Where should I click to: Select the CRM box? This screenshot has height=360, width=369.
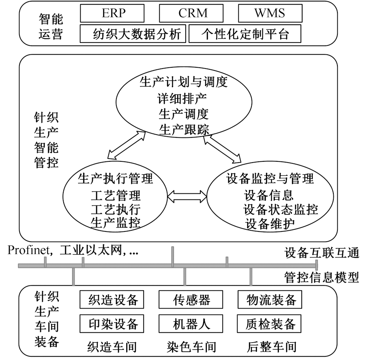pos(193,13)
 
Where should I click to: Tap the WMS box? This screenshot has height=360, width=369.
pos(269,13)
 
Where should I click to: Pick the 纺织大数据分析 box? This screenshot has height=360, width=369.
pos(133,34)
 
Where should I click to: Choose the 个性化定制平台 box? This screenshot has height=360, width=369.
pos(245,34)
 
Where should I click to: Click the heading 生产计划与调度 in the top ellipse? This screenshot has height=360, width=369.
pos(182,82)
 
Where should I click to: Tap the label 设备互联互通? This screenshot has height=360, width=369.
pos(321,253)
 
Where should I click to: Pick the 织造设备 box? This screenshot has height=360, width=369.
pos(114,300)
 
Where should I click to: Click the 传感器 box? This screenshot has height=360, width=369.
pos(191,300)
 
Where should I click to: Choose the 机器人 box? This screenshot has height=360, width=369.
pos(191,324)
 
